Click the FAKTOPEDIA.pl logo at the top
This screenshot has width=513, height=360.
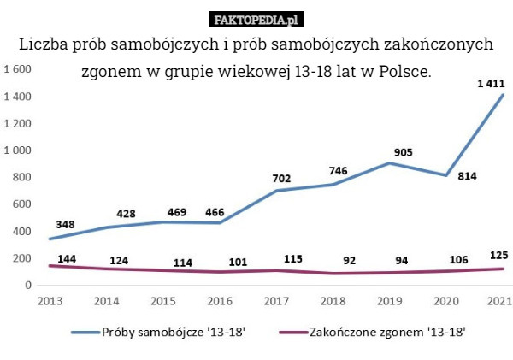pyautogui.click(x=256, y=19)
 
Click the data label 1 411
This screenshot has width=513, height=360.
pyautogui.click(x=491, y=84)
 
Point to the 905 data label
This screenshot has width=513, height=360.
pyautogui.click(x=404, y=152)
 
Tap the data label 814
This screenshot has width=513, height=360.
pyautogui.click(x=467, y=176)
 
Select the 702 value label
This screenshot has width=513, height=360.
pyautogui.click(x=281, y=179)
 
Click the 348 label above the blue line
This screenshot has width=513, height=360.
pyautogui.click(x=65, y=224)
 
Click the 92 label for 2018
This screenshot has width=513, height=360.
pyautogui.click(x=349, y=259)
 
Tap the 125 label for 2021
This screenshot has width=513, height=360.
pyautogui.click(x=499, y=255)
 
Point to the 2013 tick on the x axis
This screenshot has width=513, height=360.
pyautogui.click(x=50, y=301)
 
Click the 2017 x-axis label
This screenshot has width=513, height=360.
pyautogui.click(x=276, y=301)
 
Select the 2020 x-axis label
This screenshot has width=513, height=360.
pyautogui.click(x=446, y=301)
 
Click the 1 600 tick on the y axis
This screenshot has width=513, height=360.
pyautogui.click(x=18, y=69)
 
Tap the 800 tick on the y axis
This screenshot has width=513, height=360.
pyautogui.click(x=21, y=177)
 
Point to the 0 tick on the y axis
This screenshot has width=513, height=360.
pyautogui.click(x=28, y=285)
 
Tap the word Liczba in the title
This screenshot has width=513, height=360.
pyautogui.click(x=44, y=43)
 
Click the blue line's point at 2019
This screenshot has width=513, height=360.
pyautogui.click(x=389, y=163)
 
